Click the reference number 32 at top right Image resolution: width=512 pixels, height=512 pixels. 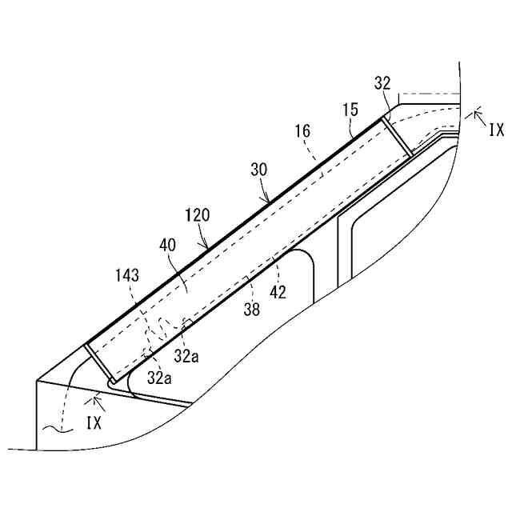coord(383,83)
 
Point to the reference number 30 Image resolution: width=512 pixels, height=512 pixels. coord(258,170)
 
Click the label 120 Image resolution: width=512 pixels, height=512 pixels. coord(197,216)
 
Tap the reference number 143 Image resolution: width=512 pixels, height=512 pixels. coord(126,276)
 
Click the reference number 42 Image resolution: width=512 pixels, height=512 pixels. coord(278,293)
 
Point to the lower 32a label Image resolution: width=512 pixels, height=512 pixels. coord(159,378)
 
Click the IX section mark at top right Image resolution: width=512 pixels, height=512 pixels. coord(496,127)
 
